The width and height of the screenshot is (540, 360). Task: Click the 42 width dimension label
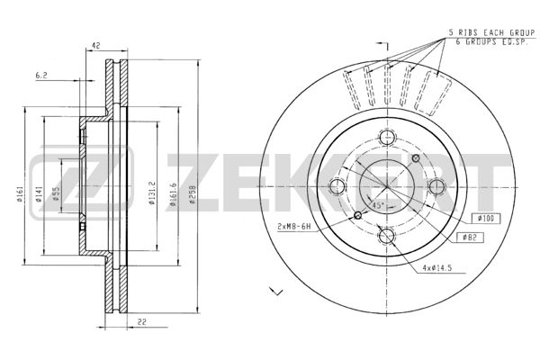[x=96, y=45]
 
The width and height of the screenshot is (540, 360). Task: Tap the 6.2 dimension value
[x=41, y=75]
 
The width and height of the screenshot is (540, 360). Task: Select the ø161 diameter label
[x=20, y=194]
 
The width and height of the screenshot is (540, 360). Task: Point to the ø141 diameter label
[x=39, y=194]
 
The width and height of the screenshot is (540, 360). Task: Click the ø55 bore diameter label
[x=56, y=194]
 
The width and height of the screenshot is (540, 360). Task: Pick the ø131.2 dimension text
[x=152, y=193]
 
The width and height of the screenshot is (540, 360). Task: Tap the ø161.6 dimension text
[x=173, y=194]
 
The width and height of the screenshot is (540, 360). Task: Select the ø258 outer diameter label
[x=193, y=194]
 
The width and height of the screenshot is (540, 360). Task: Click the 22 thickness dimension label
[x=142, y=322]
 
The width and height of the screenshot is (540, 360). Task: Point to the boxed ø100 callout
[x=486, y=219]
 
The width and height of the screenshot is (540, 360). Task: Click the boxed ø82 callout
[x=470, y=238]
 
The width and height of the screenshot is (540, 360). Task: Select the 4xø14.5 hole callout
[x=437, y=268]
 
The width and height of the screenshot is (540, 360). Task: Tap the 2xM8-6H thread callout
[x=294, y=227]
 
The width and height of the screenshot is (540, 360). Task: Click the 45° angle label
[x=378, y=206]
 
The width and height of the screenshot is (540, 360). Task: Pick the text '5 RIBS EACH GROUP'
[x=491, y=33]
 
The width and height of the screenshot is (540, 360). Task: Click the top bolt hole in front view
[x=387, y=138]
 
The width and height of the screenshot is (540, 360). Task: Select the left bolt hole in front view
[x=337, y=186]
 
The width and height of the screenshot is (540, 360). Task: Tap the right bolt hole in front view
[x=437, y=186]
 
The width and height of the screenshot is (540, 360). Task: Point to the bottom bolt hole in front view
[x=387, y=236]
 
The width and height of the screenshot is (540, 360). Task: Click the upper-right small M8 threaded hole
[x=416, y=158]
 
